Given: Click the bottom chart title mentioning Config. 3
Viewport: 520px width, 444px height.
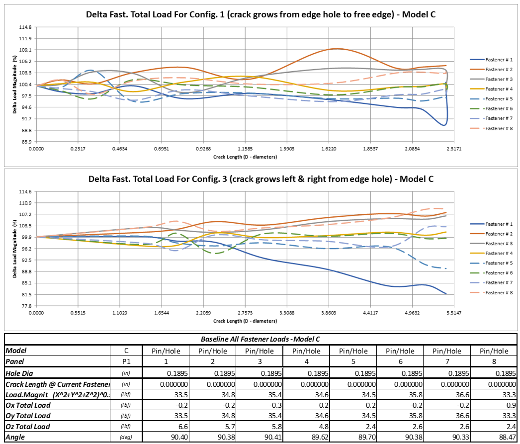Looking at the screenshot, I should coord(261,179).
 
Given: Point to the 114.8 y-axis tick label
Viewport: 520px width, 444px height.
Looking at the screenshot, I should coord(25,27).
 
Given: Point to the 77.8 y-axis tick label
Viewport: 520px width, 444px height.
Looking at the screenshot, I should coord(25,306).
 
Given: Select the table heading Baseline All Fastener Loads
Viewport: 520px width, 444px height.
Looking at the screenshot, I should coord(260,339).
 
